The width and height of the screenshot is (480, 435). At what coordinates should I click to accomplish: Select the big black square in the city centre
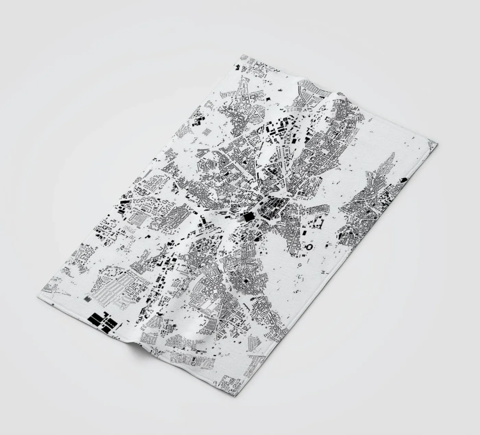(248, 217)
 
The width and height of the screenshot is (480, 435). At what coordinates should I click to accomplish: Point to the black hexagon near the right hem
(404, 179)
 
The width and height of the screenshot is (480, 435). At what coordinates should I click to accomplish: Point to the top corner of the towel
(242, 55)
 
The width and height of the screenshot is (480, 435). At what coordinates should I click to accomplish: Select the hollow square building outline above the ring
(317, 223)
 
